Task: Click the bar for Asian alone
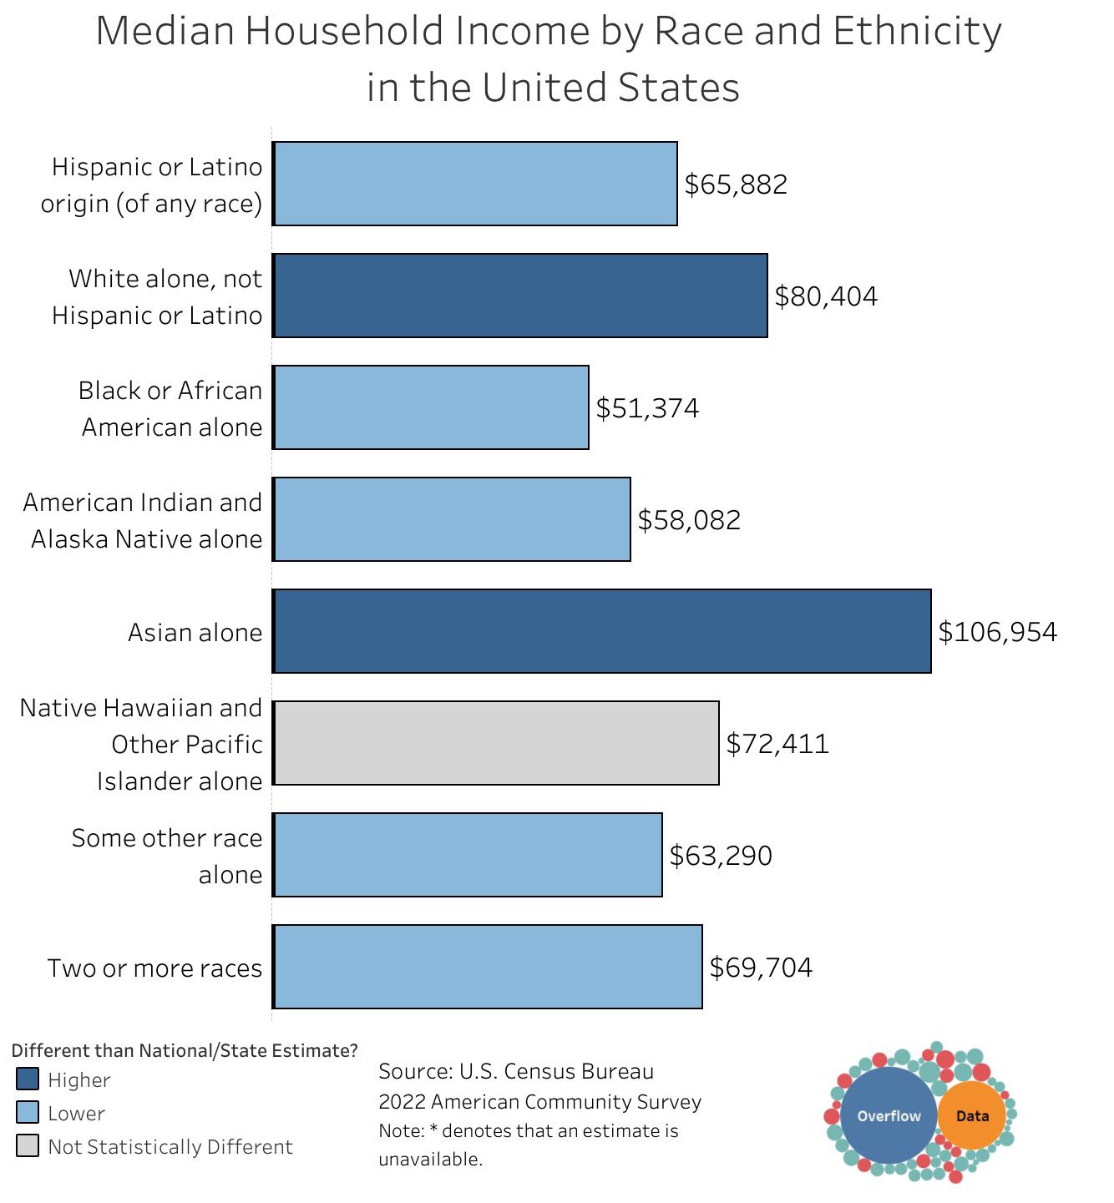601,631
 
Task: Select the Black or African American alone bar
431,407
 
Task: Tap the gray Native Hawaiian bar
496,743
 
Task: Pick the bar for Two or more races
488,967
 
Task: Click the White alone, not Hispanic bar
519,296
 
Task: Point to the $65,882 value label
736,184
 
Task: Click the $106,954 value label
997,632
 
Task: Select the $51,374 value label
647,408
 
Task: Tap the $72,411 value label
777,744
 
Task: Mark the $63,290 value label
721,856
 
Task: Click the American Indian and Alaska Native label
143,520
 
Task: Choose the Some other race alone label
167,856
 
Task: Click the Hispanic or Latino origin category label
152,184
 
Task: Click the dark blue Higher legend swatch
28,1079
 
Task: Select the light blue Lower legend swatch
28,1113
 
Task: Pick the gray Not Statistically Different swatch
28,1146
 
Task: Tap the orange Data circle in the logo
972,1116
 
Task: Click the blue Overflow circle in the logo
889,1116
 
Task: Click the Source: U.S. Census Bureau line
516,1071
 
